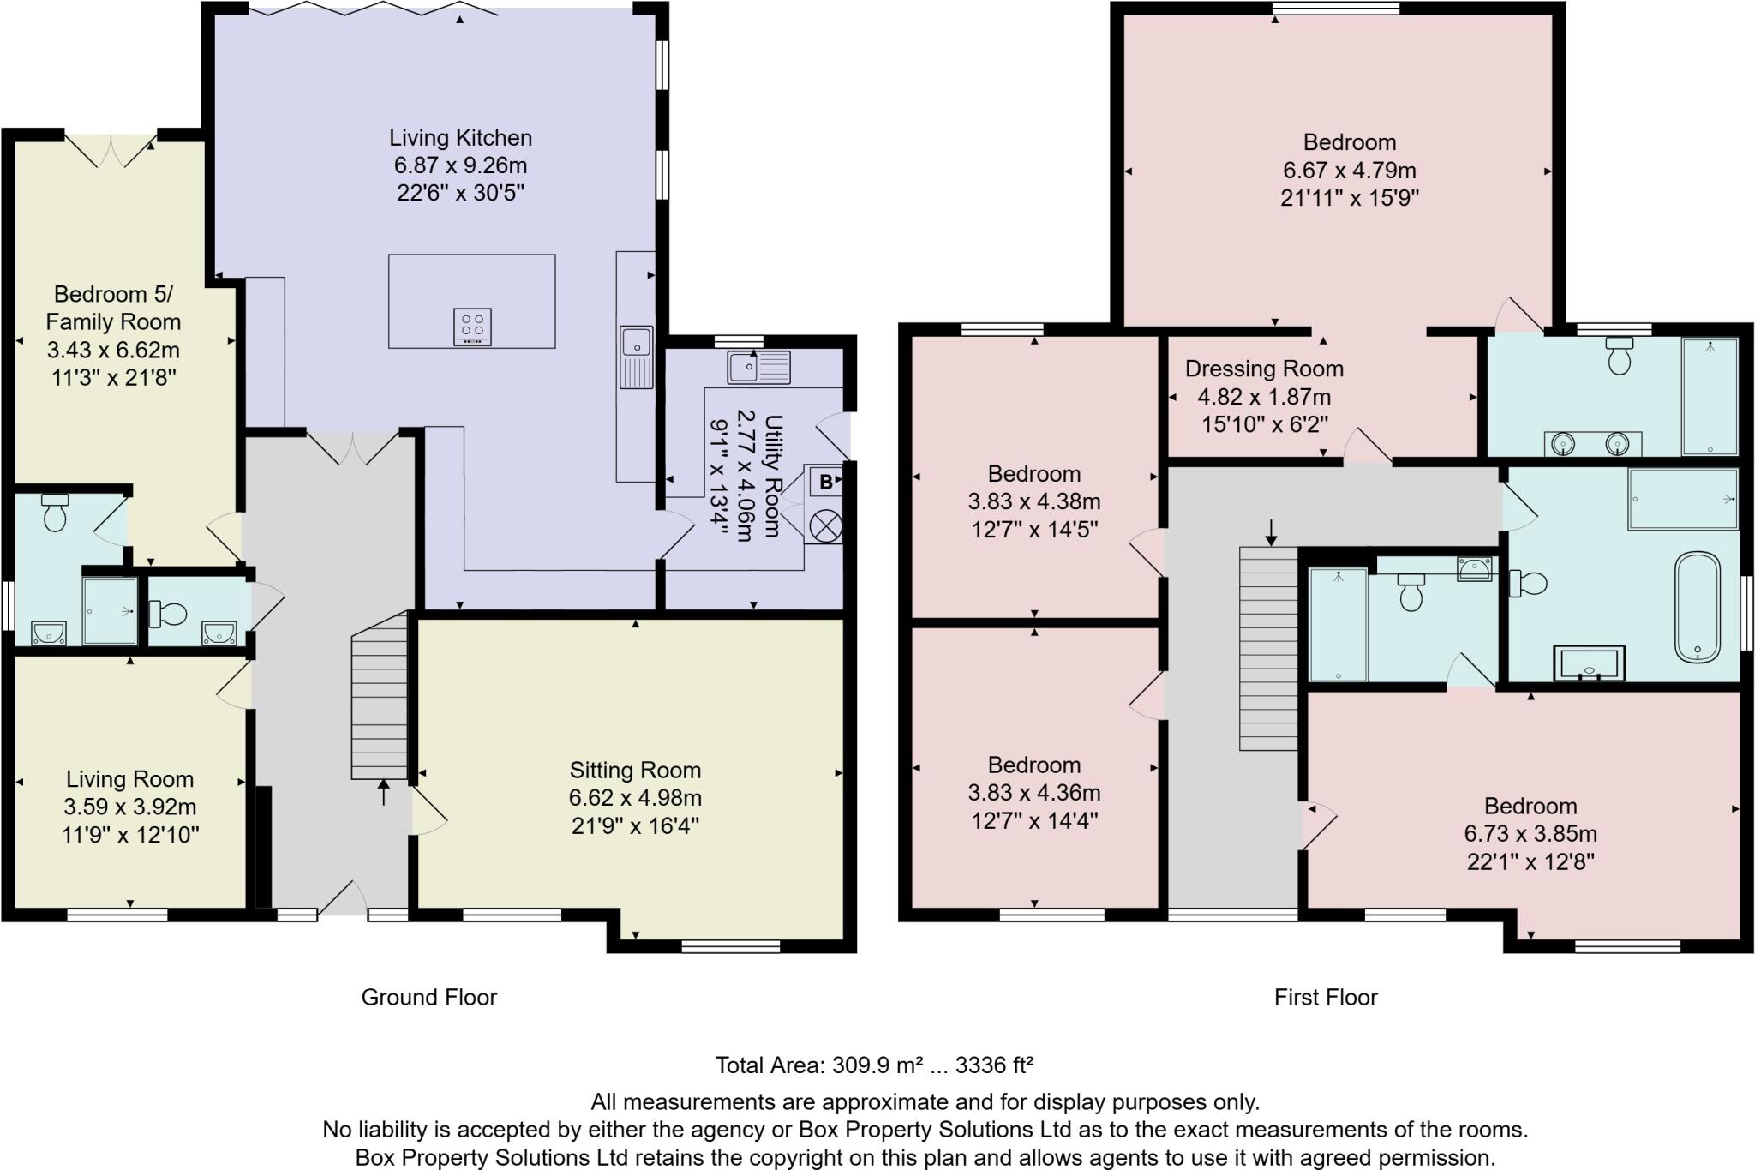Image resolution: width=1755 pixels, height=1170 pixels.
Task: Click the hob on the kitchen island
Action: (x=472, y=327)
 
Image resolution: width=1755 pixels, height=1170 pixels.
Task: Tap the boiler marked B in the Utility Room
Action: (x=824, y=482)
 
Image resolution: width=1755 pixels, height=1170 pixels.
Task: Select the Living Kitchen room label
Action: (x=460, y=138)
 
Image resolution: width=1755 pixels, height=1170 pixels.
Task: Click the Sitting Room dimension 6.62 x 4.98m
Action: (x=635, y=798)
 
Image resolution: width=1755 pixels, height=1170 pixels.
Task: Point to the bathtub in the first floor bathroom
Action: (x=1697, y=607)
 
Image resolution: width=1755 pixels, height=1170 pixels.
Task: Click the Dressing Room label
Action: (x=1263, y=369)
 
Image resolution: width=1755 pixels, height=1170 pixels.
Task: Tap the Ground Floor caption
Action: (x=428, y=997)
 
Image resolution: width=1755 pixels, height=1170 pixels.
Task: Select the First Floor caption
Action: (x=1325, y=997)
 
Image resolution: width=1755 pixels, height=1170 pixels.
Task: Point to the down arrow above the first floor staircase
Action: (x=1271, y=532)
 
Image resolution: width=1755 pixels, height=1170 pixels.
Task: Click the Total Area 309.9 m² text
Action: (x=873, y=1065)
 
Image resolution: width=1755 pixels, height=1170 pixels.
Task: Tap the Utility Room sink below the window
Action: (x=758, y=368)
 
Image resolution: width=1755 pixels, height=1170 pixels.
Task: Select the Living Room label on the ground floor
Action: (x=129, y=779)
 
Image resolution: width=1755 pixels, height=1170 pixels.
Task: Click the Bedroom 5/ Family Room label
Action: (x=113, y=308)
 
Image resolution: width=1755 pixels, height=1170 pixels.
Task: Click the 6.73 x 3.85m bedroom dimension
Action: (x=1530, y=834)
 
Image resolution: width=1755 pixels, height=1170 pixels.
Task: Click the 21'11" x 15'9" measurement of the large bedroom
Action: (x=1349, y=198)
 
